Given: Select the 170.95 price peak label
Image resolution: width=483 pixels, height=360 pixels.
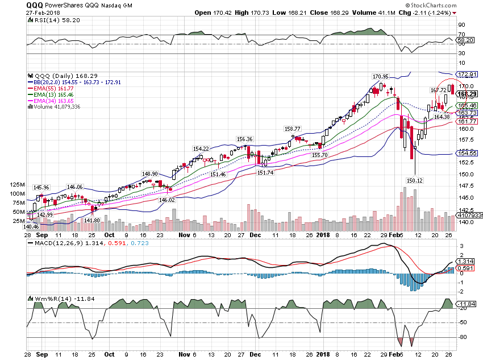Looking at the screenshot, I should click(x=380, y=76).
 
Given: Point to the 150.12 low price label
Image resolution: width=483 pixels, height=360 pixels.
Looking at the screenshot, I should click(x=416, y=180).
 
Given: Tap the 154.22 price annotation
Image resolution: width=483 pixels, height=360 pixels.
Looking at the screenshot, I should click(x=201, y=148).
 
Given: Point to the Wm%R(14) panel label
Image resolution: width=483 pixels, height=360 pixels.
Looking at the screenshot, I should click(x=52, y=298).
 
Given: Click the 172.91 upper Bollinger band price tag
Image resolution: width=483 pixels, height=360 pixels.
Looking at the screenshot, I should click(x=467, y=75).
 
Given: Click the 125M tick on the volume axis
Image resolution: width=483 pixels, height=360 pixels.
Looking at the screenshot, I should click(x=17, y=185).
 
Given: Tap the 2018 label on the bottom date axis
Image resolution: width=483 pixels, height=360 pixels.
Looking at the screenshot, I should click(x=323, y=234).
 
